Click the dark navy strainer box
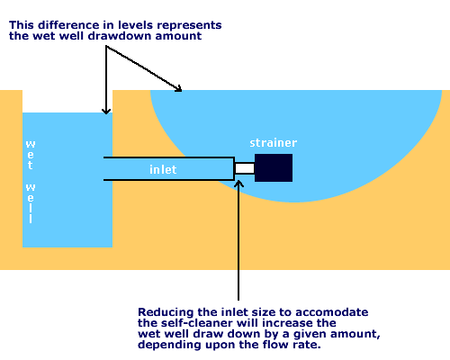click(x=274, y=167)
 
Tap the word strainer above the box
click(x=274, y=143)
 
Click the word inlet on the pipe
click(x=163, y=168)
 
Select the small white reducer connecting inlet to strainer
click(x=244, y=168)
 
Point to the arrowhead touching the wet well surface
click(x=106, y=111)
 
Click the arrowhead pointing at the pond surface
click(x=179, y=89)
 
